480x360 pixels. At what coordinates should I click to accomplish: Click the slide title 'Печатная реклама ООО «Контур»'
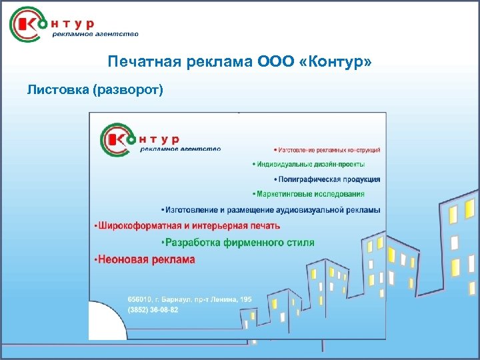(240, 62)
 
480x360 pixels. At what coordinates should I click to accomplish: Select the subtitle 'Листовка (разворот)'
(95, 89)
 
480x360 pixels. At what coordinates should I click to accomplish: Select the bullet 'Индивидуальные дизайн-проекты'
(309, 164)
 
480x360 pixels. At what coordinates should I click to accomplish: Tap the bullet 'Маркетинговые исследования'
(309, 194)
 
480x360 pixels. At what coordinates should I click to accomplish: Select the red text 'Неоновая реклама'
(145, 259)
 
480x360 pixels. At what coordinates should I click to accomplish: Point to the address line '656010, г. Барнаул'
(189, 300)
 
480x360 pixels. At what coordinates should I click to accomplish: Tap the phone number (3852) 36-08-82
(153, 311)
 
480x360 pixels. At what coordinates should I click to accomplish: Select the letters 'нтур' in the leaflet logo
(159, 139)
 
